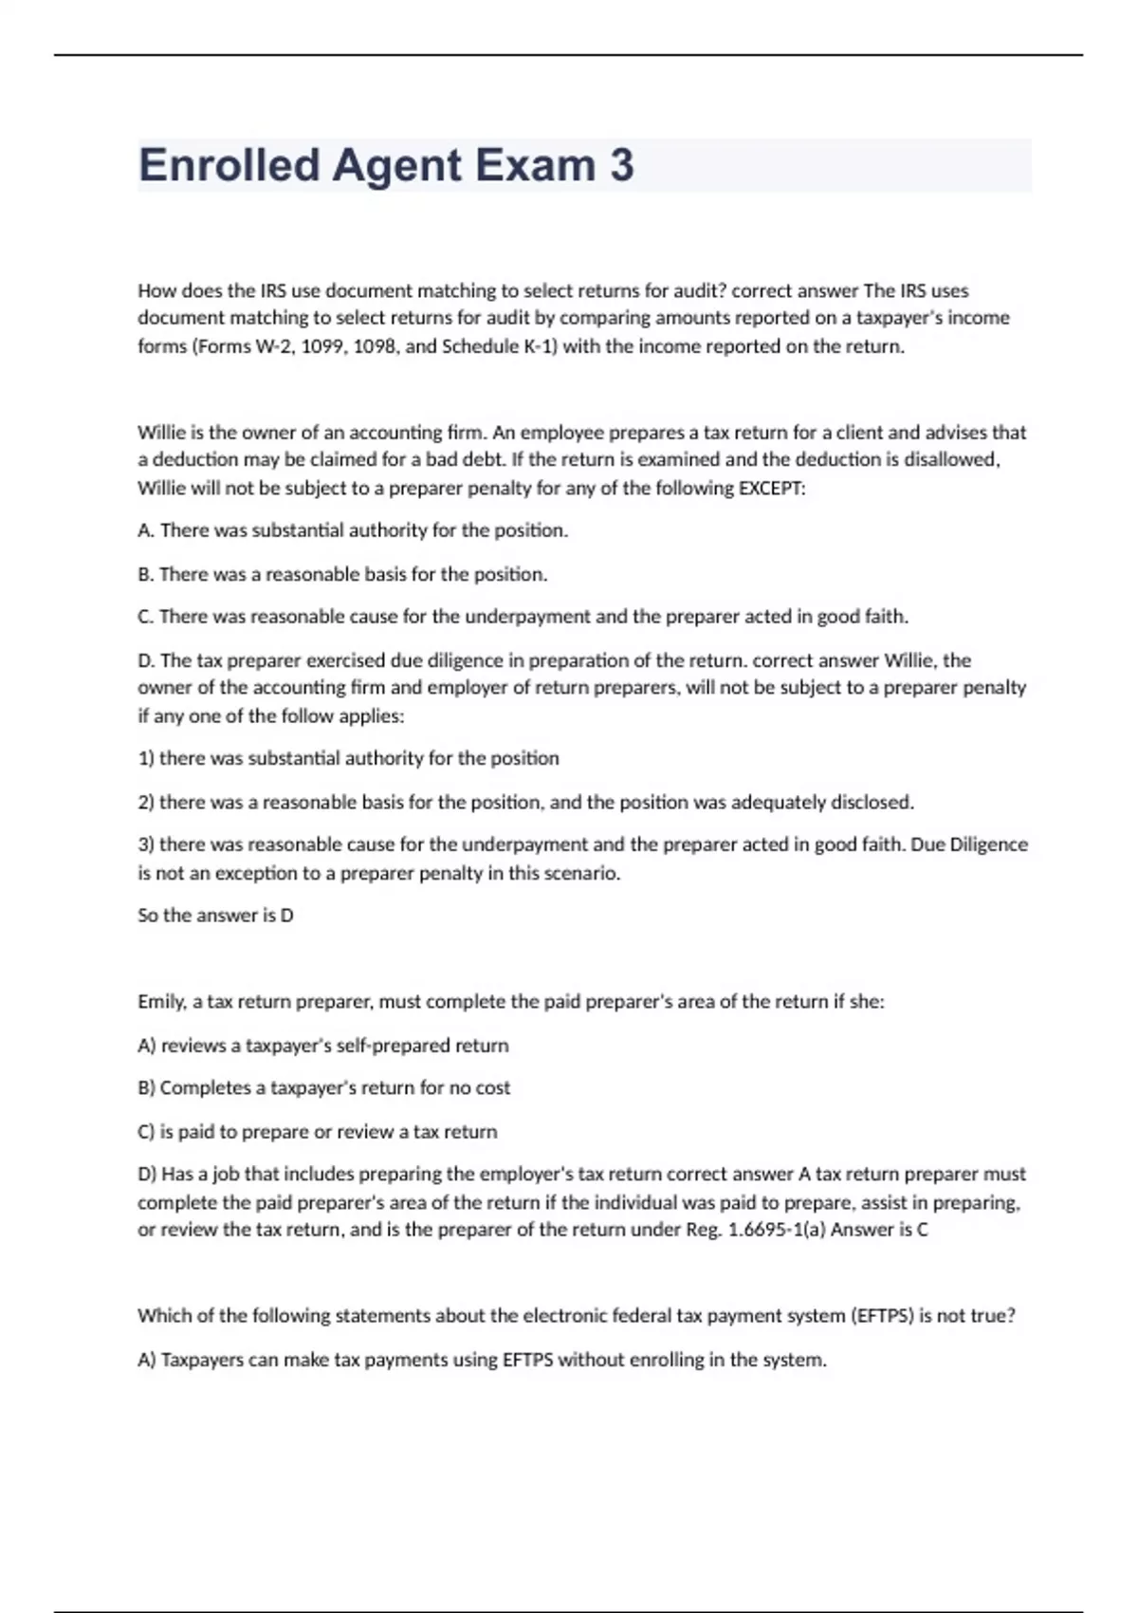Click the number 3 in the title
(621, 165)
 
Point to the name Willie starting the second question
(164, 433)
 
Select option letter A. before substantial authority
(146, 530)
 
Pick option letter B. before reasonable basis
(146, 574)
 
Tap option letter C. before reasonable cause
(146, 617)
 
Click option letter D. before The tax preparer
(147, 660)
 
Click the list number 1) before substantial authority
(146, 758)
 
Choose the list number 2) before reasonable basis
(146, 803)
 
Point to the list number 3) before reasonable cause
(146, 844)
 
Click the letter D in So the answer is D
(286, 916)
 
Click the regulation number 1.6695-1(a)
(775, 1230)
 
